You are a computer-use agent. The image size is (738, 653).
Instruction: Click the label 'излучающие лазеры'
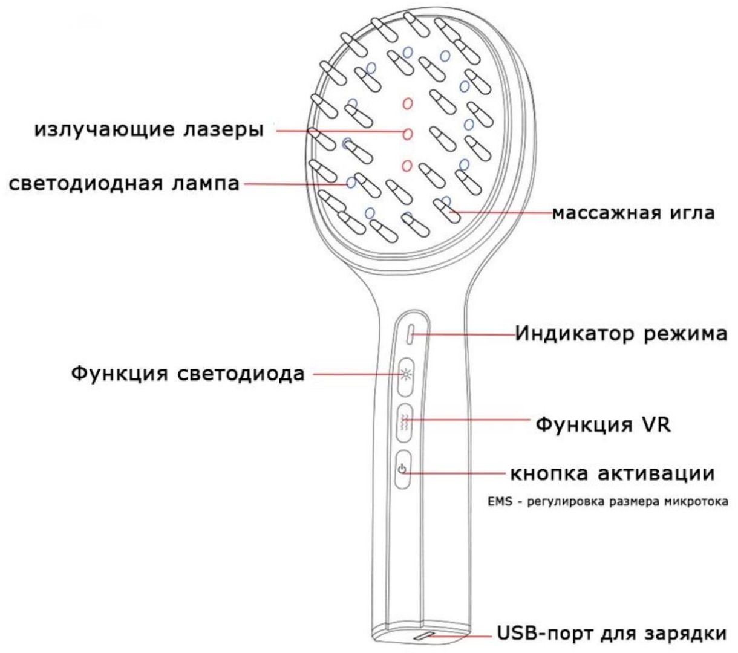149,130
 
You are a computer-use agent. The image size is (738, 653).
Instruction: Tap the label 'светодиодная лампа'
124,184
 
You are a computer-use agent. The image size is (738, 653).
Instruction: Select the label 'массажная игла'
633,213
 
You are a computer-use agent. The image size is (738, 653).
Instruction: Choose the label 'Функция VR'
603,424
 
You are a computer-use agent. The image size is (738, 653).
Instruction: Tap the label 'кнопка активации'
612,473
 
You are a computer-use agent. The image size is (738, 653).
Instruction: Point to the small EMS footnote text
608,502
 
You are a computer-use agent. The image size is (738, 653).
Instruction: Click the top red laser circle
408,104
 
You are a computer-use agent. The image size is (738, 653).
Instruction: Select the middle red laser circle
408,134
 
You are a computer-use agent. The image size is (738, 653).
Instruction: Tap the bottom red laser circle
407,166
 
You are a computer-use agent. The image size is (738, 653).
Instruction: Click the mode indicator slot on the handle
411,333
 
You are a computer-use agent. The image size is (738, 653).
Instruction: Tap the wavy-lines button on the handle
405,423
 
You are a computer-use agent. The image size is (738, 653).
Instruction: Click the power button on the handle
403,469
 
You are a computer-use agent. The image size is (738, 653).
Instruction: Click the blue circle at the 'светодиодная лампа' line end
351,182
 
